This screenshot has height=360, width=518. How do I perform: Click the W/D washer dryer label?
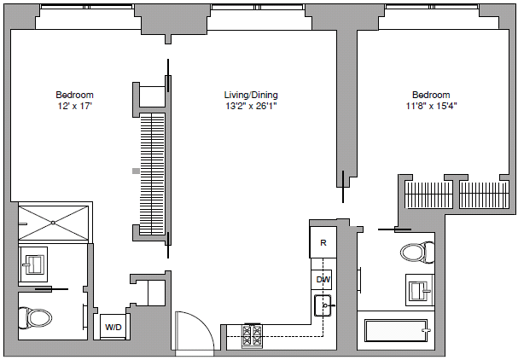pos(113,327)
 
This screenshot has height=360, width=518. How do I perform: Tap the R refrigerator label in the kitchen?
pos(323,242)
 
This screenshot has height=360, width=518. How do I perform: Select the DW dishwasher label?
pos(323,279)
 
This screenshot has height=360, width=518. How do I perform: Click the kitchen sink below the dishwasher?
pos(323,305)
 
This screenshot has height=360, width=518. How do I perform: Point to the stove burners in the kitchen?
pos(253,334)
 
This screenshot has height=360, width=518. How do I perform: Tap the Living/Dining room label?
pos(251,95)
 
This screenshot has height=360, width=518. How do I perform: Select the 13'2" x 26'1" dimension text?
pos(251,107)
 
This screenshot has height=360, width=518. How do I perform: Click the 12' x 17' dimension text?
pos(74,107)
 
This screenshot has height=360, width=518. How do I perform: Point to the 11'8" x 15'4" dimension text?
pos(431,107)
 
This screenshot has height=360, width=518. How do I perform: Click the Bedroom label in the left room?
pos(74,95)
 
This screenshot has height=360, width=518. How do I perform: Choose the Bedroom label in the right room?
pos(431,95)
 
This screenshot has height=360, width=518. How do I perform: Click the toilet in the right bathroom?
pos(414,253)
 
